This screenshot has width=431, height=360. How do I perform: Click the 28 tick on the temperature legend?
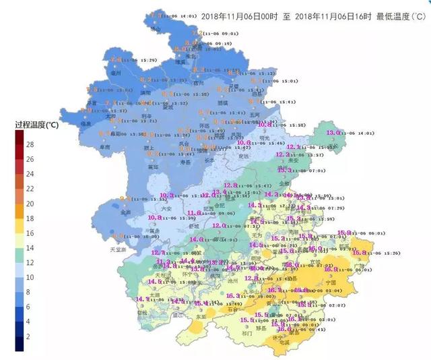point(30,144)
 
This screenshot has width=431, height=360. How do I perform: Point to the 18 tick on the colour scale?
point(30,218)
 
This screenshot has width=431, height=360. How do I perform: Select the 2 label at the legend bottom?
point(29,336)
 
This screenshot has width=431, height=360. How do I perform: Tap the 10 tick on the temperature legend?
point(30,277)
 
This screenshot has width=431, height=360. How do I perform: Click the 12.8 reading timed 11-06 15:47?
point(231,185)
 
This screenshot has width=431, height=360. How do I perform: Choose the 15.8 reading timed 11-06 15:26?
point(360,253)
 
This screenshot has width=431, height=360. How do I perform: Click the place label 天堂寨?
point(118,249)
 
